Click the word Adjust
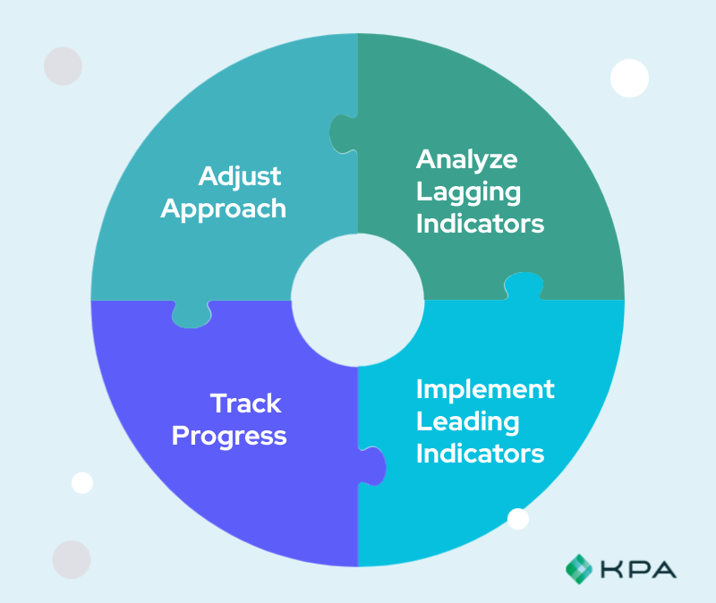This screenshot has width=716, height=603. click(x=240, y=176)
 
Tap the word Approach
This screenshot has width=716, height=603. click(x=229, y=208)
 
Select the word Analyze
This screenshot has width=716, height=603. click(x=466, y=159)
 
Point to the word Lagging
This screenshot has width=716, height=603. click(x=468, y=191)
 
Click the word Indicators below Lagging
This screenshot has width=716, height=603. click(x=480, y=223)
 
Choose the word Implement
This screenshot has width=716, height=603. click(x=485, y=389)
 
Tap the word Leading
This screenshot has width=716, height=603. click(x=467, y=421)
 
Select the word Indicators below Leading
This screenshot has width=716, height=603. click(x=480, y=453)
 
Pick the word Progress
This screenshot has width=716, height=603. click(x=229, y=436)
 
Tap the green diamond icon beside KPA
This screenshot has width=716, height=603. click(x=579, y=567)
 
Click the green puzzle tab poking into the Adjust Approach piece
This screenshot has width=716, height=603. click(x=342, y=134)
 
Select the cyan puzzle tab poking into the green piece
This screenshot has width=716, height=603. click(x=524, y=285)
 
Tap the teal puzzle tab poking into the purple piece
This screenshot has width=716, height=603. click(x=191, y=314)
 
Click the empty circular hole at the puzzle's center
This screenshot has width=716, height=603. click(x=358, y=300)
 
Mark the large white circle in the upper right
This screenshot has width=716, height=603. click(x=629, y=78)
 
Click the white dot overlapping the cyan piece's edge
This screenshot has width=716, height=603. click(x=518, y=519)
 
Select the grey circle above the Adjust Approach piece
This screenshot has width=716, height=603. click(x=63, y=66)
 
